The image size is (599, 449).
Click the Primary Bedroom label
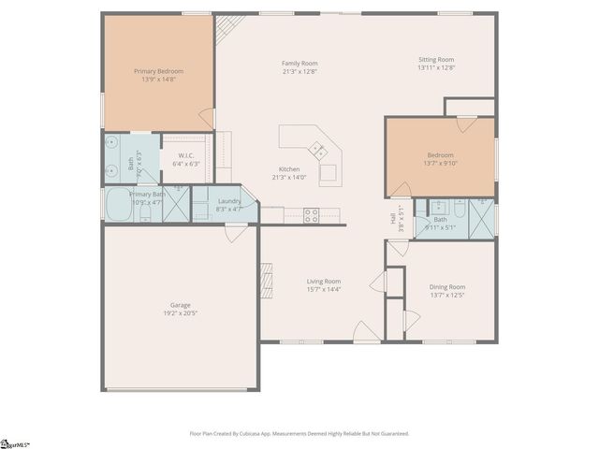tap(158, 71)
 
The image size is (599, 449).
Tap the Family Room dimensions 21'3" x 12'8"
tap(300, 73)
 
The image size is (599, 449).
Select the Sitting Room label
tap(435, 59)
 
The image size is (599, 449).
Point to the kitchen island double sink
tap(318, 149)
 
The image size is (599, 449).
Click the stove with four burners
tap(312, 213)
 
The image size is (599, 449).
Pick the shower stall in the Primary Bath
tap(174, 207)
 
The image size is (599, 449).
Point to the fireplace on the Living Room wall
tap(267, 281)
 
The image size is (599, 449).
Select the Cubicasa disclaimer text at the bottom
tap(299, 433)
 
